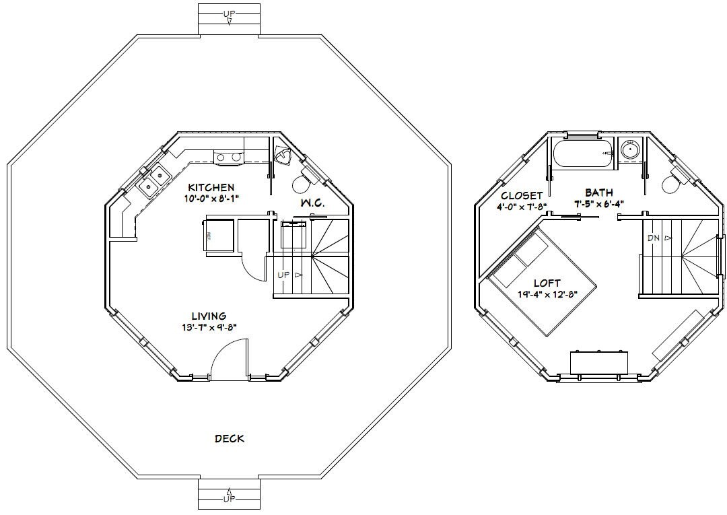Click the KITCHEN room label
click(x=211, y=187)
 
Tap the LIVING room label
click(x=208, y=316)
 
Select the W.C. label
click(x=312, y=202)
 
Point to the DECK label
click(x=229, y=439)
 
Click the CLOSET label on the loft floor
click(x=522, y=196)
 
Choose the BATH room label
click(x=598, y=193)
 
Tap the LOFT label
click(x=547, y=283)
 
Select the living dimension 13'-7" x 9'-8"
click(x=208, y=327)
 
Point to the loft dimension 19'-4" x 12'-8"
click(x=547, y=294)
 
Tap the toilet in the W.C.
click(x=304, y=182)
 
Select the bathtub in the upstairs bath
click(x=583, y=154)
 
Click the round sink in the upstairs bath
click(x=631, y=149)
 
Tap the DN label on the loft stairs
click(x=653, y=238)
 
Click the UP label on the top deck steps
click(x=229, y=13)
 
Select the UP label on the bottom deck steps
click(x=229, y=499)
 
